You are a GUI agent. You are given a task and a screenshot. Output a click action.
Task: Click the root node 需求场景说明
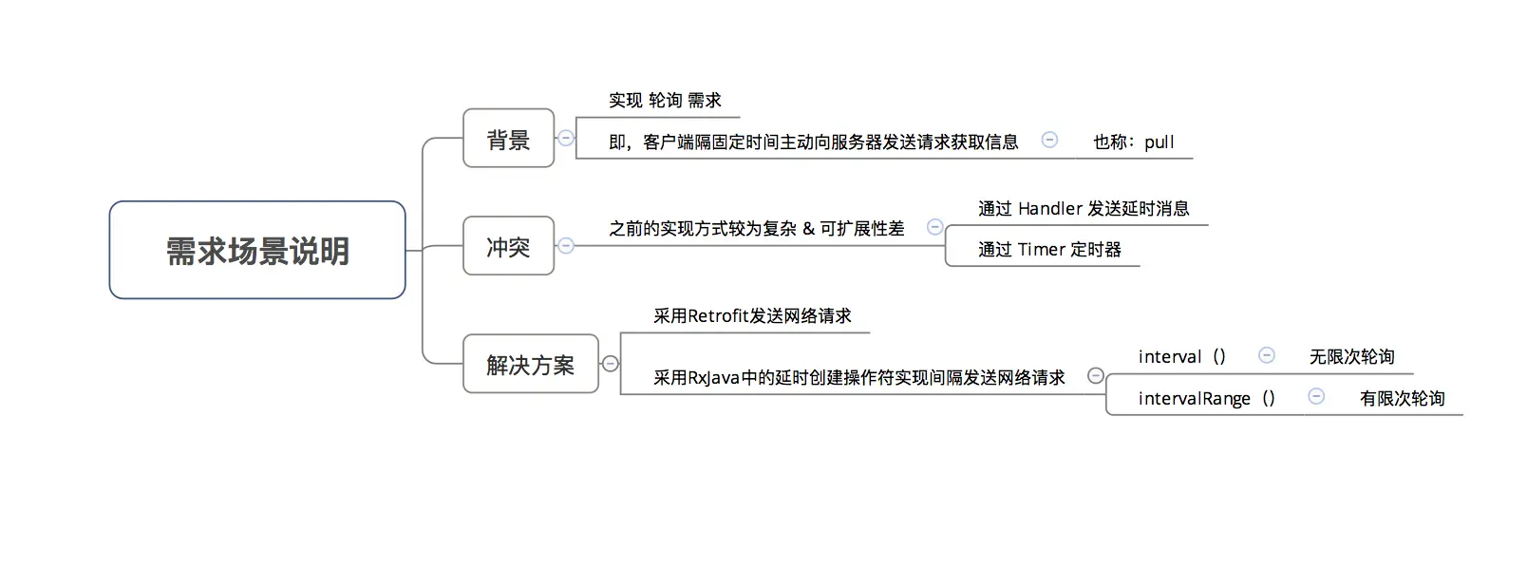pyautogui.click(x=257, y=251)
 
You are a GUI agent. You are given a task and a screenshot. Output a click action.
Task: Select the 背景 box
pyautogui.click(x=508, y=139)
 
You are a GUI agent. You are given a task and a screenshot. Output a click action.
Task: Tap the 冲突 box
pyautogui.click(x=508, y=246)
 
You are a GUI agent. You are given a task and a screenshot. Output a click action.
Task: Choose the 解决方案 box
pyautogui.click(x=530, y=364)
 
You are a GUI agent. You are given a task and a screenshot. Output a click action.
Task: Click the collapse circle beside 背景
pyautogui.click(x=566, y=138)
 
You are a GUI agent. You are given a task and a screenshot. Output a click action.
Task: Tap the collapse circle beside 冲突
pyautogui.click(x=566, y=246)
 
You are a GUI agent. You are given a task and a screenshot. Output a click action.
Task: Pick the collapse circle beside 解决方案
pyautogui.click(x=611, y=364)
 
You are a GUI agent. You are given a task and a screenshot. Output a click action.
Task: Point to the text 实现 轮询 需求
pyautogui.click(x=665, y=101)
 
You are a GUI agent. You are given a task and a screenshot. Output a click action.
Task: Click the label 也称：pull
pyautogui.click(x=1133, y=142)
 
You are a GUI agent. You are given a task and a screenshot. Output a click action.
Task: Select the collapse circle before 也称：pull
pyautogui.click(x=1049, y=140)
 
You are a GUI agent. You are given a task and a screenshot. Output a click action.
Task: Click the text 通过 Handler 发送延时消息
pyautogui.click(x=1084, y=209)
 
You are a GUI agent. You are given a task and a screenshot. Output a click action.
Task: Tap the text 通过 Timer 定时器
pyautogui.click(x=1049, y=250)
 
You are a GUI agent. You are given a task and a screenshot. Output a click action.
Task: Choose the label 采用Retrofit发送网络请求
pyautogui.click(x=752, y=316)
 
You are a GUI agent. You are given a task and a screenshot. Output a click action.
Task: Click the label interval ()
pyautogui.click(x=1181, y=357)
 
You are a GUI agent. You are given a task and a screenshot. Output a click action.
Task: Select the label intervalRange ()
pyautogui.click(x=1206, y=399)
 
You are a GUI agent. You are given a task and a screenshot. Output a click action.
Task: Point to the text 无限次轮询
pyautogui.click(x=1351, y=357)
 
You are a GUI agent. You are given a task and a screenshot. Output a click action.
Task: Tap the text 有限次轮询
pyautogui.click(x=1402, y=399)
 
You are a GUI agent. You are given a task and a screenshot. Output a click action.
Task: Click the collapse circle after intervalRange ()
pyautogui.click(x=1316, y=397)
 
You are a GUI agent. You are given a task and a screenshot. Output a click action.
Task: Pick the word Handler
pyautogui.click(x=1050, y=209)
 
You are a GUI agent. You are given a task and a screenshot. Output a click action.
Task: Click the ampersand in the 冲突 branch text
pyautogui.click(x=809, y=229)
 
